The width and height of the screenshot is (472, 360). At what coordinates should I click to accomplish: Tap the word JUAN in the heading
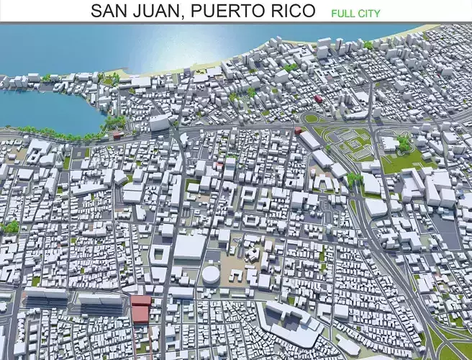pos(152,11)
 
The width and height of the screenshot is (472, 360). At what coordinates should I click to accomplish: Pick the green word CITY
pos(369,13)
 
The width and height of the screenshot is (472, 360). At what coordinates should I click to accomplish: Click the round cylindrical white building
pos(211,274)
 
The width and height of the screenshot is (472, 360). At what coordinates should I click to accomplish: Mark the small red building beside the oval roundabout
pos(299,130)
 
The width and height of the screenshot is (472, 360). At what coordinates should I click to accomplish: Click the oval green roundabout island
pos(311,118)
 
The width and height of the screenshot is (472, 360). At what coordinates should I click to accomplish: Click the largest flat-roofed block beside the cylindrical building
pos(190,247)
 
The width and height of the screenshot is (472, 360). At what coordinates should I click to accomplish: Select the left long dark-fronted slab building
pos(46,297)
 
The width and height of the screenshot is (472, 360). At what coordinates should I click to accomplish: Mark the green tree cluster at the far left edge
pos(10,228)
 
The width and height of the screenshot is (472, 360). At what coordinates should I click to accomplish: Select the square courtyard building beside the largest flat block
pos(160,254)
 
